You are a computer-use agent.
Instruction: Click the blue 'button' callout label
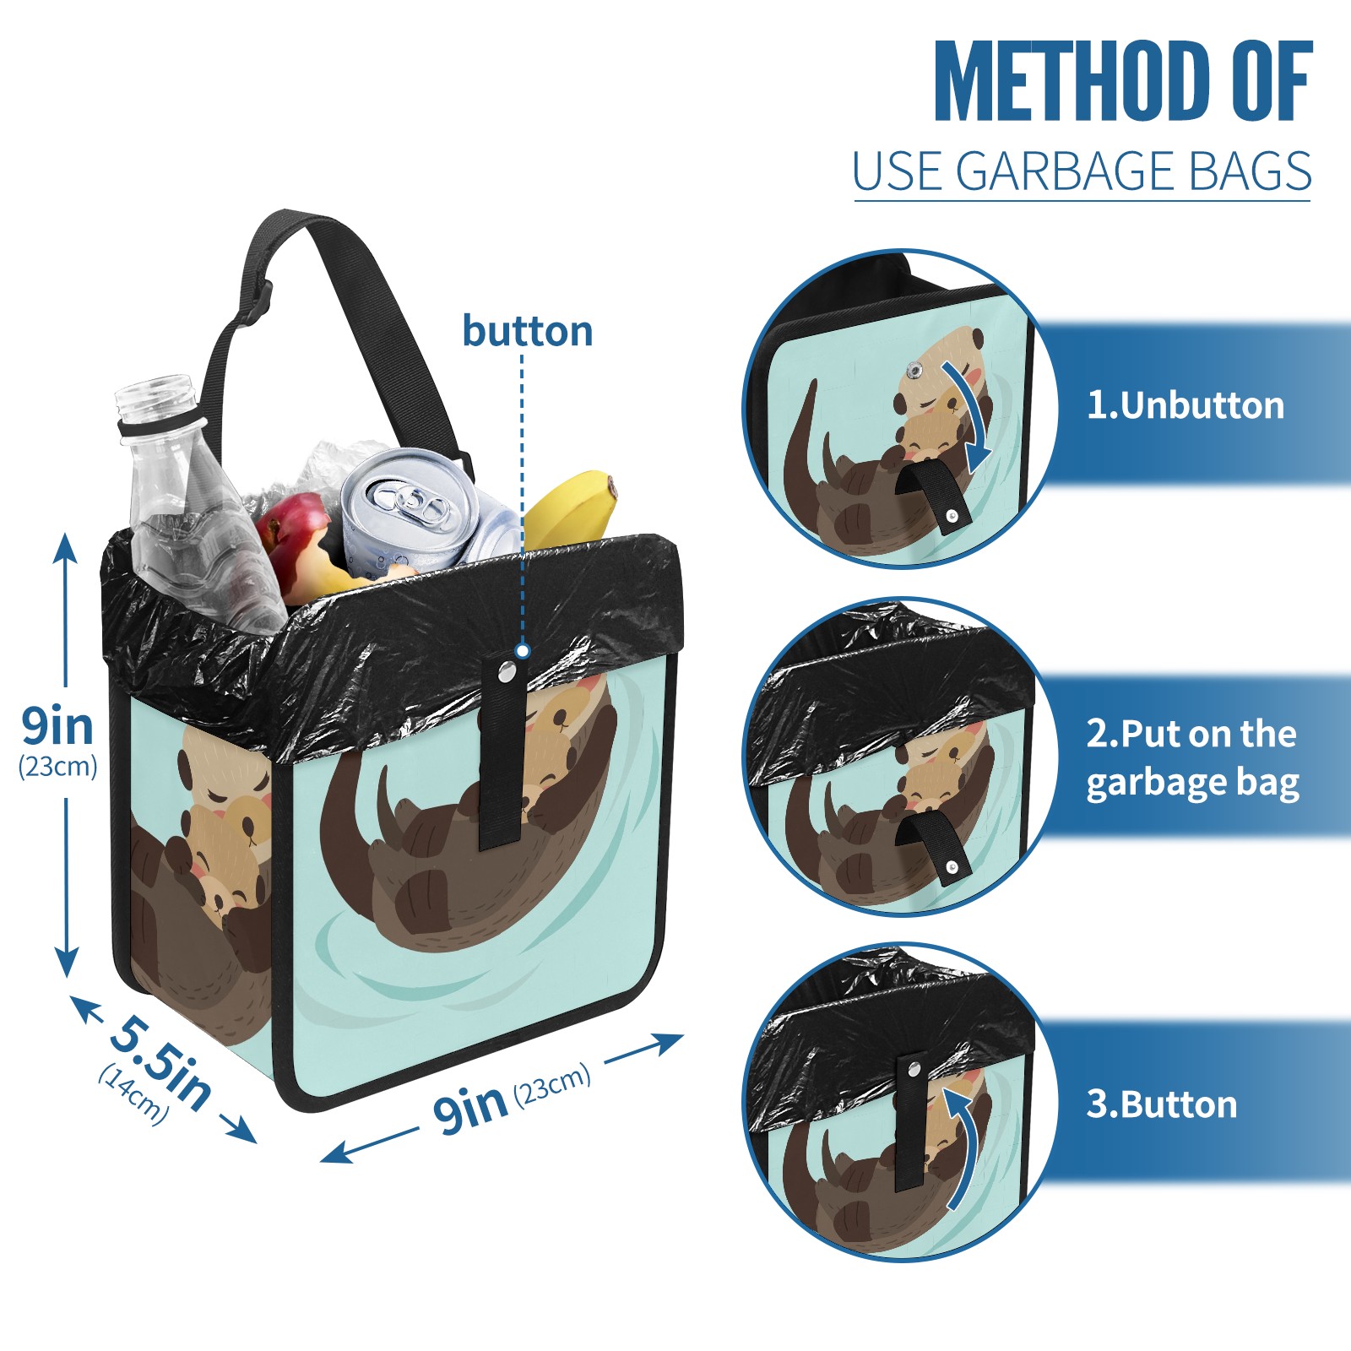[x=527, y=331]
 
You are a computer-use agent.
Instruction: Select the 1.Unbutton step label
[x=1185, y=406]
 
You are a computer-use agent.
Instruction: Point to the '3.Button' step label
[x=1161, y=1104]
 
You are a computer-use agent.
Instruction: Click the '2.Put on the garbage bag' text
[x=1191, y=758]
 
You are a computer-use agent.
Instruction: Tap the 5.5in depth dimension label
[x=160, y=1062]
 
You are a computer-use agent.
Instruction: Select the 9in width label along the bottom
[x=469, y=1108]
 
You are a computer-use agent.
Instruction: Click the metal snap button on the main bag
[x=507, y=672]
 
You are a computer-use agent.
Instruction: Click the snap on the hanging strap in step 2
[x=952, y=866]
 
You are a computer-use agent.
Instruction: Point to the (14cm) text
[x=133, y=1093]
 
